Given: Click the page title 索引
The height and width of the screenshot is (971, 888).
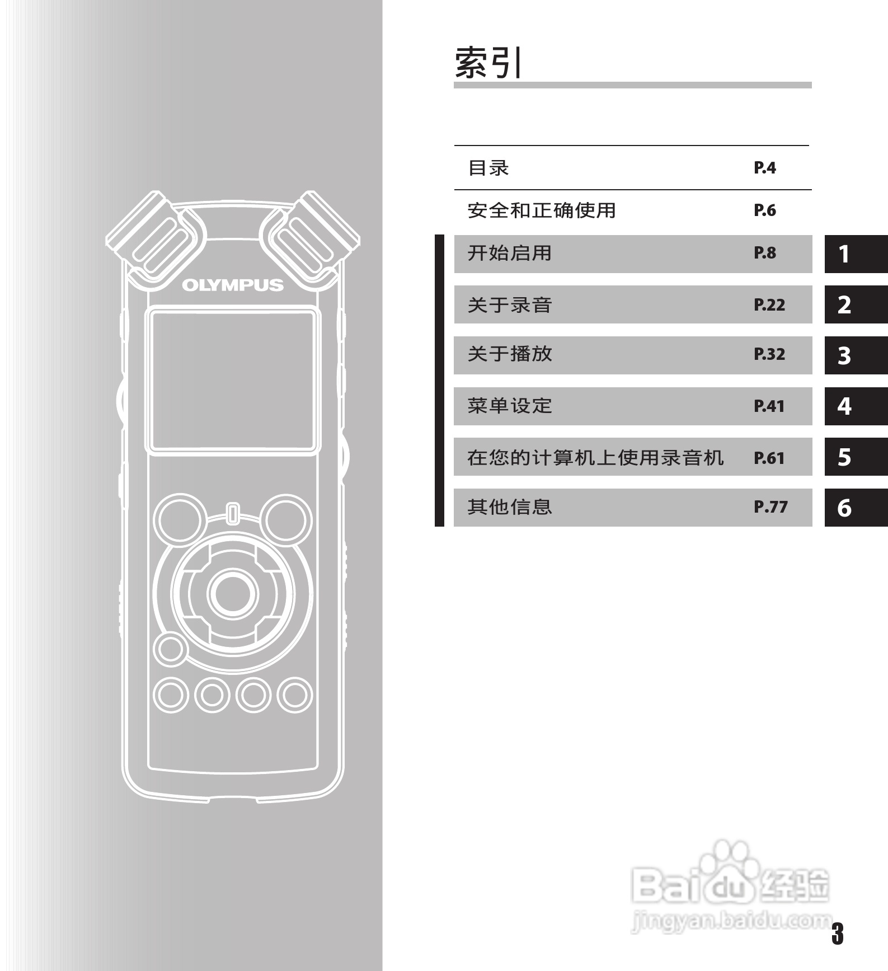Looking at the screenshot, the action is [x=488, y=63].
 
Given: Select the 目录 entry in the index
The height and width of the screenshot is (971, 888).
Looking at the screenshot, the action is [x=488, y=168].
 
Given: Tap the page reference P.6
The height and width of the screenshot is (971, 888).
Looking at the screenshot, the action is [x=764, y=210].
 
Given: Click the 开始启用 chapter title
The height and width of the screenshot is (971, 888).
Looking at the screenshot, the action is [x=510, y=254].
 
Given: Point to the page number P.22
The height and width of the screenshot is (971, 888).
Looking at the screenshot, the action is [x=769, y=305].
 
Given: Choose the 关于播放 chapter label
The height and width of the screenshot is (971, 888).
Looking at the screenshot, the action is [x=510, y=354].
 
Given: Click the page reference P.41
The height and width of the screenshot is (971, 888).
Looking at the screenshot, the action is [x=769, y=406].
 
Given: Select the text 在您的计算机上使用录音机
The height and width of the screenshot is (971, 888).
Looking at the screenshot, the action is [x=595, y=458].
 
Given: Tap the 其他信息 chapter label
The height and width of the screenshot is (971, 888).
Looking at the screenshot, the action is [x=510, y=507].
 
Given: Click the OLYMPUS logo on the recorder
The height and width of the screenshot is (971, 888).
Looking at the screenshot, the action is [x=233, y=285].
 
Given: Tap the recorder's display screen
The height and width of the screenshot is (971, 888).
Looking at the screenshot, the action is [x=233, y=380].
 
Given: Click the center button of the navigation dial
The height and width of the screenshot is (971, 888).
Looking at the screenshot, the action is [x=233, y=594].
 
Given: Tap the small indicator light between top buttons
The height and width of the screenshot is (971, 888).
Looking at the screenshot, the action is [x=233, y=514].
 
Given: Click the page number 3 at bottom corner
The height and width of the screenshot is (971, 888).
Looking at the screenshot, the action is [x=837, y=934].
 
